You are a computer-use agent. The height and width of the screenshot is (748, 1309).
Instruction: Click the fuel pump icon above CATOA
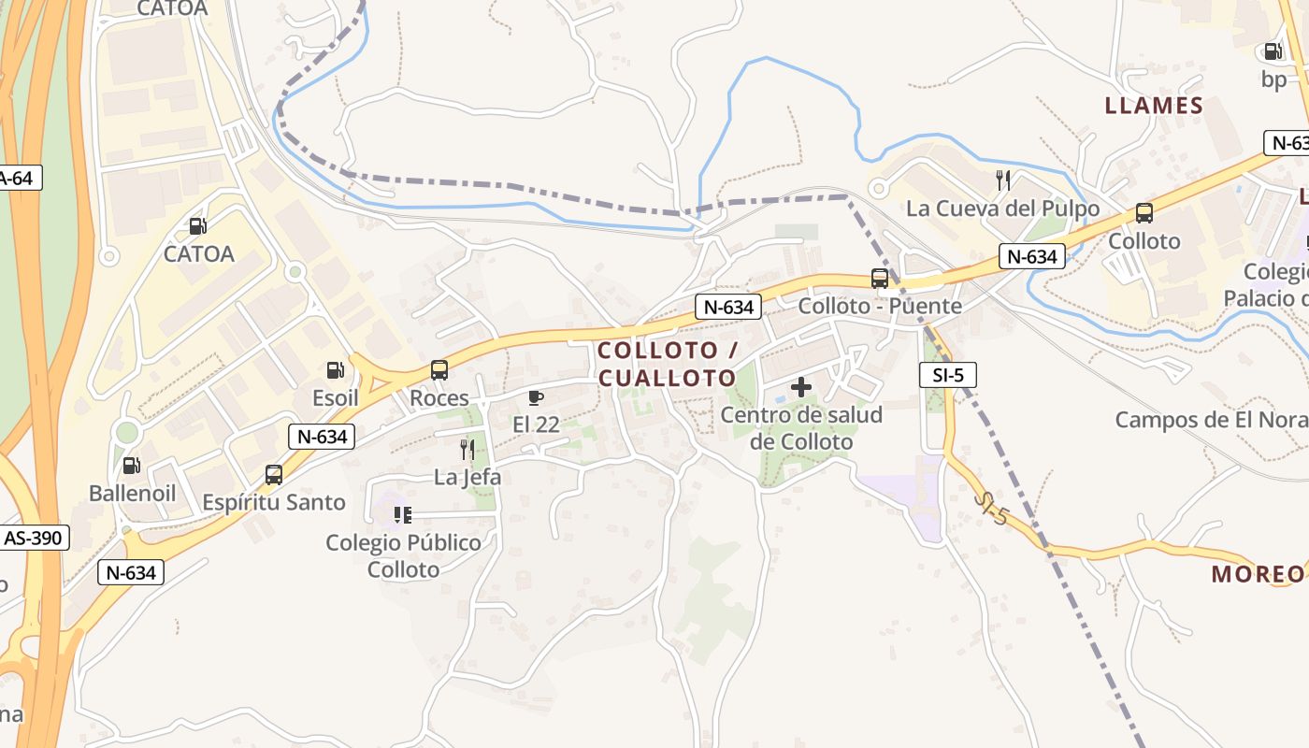[197, 226]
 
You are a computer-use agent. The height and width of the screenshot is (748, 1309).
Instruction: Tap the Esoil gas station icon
[335, 370]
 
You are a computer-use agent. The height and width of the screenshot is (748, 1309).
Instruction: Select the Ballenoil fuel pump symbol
[132, 466]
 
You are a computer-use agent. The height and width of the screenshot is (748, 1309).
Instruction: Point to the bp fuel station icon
[1273, 52]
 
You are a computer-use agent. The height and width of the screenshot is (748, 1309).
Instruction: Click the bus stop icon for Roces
[439, 370]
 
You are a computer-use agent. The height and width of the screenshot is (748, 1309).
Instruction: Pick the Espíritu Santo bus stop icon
[274, 475]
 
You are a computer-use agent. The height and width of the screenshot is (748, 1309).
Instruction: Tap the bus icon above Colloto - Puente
[880, 279]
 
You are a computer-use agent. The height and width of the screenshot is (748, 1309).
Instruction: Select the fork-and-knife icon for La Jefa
[467, 450]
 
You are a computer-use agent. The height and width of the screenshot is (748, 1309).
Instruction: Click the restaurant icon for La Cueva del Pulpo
[1003, 180]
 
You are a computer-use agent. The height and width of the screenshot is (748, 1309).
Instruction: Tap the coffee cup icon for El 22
[536, 398]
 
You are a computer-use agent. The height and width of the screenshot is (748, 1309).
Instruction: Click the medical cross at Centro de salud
[801, 386]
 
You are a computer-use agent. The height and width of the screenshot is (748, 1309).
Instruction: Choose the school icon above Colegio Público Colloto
[403, 515]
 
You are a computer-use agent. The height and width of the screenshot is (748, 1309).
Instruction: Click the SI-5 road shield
[947, 376]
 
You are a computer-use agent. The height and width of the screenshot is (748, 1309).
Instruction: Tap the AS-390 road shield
[35, 539]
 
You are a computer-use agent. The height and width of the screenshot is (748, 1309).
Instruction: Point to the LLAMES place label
[1154, 106]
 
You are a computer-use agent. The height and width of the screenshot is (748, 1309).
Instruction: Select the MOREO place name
[1257, 574]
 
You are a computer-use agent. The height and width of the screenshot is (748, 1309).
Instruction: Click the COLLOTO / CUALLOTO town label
[668, 365]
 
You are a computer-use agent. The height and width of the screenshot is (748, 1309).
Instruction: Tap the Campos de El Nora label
[1211, 420]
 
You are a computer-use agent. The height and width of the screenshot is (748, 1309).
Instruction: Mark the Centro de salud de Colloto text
[802, 428]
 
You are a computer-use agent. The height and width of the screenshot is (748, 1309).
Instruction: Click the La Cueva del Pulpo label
[1002, 209]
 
